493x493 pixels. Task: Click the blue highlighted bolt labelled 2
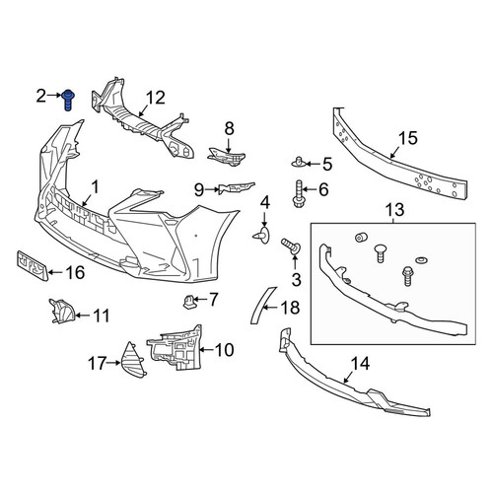[69, 100]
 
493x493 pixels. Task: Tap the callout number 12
[155, 98]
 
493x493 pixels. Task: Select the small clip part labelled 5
[298, 162]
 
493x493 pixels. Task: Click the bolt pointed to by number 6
[299, 193]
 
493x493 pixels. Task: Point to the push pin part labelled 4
[261, 235]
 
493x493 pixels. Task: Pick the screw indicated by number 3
[291, 246]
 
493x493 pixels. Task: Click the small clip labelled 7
[189, 302]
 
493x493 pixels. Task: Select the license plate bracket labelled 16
[33, 266]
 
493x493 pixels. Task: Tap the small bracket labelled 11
[61, 311]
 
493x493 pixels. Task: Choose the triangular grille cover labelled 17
[133, 360]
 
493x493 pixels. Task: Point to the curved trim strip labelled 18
[262, 306]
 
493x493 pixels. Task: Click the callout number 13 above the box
[395, 209]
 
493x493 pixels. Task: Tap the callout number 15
[408, 138]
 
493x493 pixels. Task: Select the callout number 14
[360, 364]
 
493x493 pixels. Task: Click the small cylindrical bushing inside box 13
[362, 238]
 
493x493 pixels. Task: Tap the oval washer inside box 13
[421, 260]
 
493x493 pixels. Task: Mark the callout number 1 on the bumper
[95, 188]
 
